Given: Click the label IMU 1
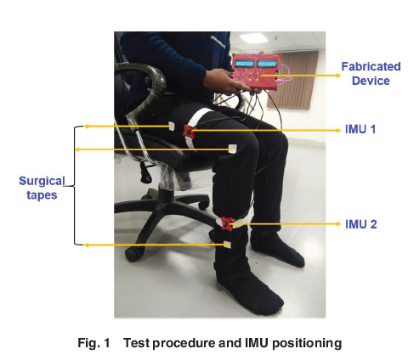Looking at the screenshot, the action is pos(360,129).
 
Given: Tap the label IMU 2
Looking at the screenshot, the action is pos(361,224).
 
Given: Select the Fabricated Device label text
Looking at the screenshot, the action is pos(371,74).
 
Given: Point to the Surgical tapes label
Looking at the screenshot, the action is pos(42,188).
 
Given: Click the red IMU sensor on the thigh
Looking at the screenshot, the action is pos(189,132).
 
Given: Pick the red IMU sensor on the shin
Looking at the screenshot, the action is pos(227,223).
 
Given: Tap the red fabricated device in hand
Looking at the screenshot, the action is pos(256,71).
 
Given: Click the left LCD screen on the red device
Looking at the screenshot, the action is pos(244,64).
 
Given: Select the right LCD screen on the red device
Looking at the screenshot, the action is pos(267,64).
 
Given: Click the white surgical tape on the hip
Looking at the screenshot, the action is pos(173,126).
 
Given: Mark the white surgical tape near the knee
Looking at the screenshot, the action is pos(233,149).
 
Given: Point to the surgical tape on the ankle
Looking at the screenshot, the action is pos(227,245).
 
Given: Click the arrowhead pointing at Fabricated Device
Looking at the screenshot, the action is pos(338,76).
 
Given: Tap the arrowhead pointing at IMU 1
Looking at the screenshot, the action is pos(338,130).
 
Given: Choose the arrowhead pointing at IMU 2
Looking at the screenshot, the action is pos(338,224).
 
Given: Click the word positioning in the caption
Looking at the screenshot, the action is pos(307,344).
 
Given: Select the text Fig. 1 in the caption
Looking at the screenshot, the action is pos(93,343).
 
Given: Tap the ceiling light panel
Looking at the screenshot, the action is pos(253,38).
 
